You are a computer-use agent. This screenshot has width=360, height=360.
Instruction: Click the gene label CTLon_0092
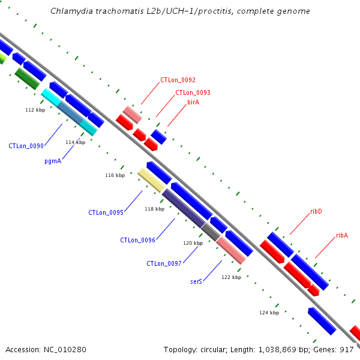click(178, 80)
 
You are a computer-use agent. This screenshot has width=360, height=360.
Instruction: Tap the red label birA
click(193, 102)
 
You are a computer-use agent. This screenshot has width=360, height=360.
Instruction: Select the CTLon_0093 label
click(193, 92)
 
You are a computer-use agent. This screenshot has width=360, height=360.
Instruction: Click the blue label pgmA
click(53, 161)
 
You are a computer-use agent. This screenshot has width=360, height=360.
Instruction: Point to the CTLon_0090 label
click(26, 146)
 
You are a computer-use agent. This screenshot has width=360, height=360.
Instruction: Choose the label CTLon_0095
click(106, 212)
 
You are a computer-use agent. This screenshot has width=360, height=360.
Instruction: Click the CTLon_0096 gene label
click(137, 240)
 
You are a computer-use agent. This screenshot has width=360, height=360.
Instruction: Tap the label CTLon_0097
click(164, 263)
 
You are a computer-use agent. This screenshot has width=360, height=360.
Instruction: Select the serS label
click(196, 281)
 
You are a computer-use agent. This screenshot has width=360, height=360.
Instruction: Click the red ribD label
click(316, 211)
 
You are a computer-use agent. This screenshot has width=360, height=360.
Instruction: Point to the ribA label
click(342, 235)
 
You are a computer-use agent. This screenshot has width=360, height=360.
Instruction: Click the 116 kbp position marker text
click(115, 175)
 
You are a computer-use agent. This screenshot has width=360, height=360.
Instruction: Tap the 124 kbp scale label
click(269, 313)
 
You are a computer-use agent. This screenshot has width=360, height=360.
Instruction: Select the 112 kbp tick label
click(35, 110)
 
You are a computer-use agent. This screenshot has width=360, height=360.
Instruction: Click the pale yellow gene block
click(151, 180)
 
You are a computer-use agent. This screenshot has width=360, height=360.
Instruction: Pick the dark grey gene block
click(211, 232)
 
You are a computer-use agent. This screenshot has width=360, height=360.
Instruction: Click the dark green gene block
click(27, 79)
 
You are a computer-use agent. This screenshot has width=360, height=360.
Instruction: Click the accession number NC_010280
click(65, 350)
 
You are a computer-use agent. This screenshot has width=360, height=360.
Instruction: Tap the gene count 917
click(347, 350)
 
